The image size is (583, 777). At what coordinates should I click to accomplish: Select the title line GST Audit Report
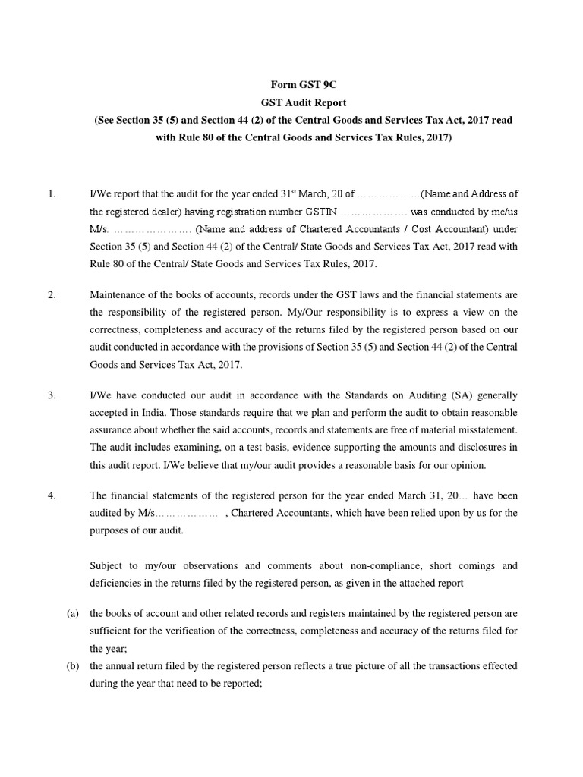[291, 103]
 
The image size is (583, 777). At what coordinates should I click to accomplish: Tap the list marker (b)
[74, 665]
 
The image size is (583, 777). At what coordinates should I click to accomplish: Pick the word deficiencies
[119, 584]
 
